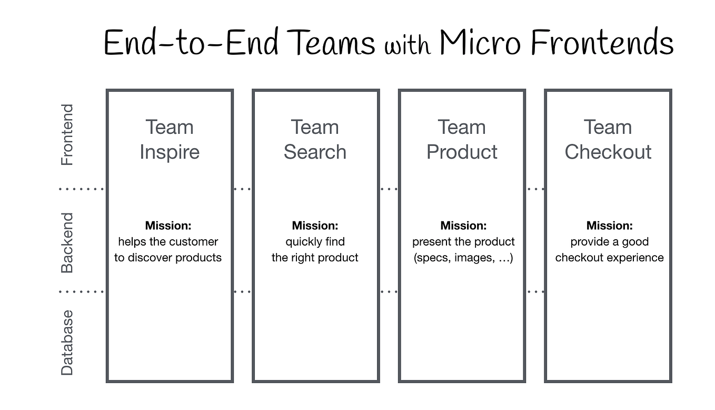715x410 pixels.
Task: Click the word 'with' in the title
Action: click(x=408, y=45)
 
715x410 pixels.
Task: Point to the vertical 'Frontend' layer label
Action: click(x=67, y=135)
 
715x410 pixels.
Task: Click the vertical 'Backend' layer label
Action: click(x=67, y=242)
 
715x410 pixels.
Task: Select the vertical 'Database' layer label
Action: click(x=67, y=343)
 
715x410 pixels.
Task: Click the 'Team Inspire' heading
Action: click(x=170, y=139)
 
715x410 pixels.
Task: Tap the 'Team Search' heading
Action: click(x=315, y=139)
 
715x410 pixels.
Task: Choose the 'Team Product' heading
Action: click(x=462, y=139)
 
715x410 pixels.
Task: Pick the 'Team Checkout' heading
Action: click(x=608, y=139)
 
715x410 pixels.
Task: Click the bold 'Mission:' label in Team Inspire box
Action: click(x=168, y=226)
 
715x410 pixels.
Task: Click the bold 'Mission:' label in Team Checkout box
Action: click(x=609, y=226)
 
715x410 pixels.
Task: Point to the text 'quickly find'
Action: click(x=315, y=242)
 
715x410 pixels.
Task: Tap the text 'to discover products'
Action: click(x=168, y=258)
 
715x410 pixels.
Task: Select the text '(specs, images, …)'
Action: click(x=463, y=258)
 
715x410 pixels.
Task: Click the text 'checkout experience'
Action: click(x=609, y=258)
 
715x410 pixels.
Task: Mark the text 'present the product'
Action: click(x=463, y=242)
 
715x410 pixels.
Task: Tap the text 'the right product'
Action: click(x=315, y=258)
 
